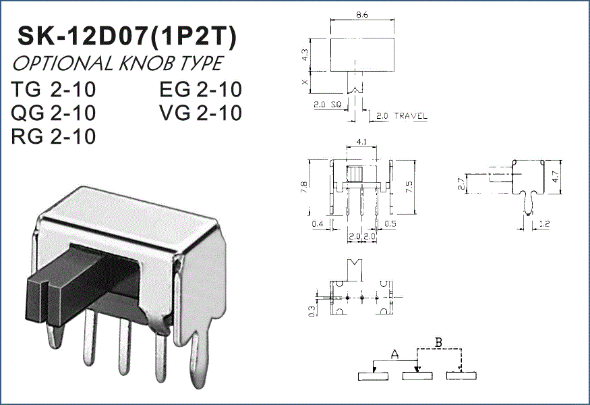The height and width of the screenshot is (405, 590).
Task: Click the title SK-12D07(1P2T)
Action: point(127,36)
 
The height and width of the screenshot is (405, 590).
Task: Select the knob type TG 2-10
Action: point(53,90)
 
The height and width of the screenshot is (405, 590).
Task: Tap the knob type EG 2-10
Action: point(200,90)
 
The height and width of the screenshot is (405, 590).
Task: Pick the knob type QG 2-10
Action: point(53,113)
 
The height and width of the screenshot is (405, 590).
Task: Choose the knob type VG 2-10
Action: point(200,113)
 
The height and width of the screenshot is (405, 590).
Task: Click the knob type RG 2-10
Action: point(53,136)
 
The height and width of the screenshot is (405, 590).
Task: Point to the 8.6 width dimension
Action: point(362,15)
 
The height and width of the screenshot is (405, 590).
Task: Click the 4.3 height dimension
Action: point(305,55)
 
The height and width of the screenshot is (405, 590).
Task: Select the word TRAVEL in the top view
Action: point(411,116)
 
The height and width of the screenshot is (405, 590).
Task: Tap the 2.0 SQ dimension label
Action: point(327,105)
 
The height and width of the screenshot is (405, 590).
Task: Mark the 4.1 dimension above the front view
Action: point(361,142)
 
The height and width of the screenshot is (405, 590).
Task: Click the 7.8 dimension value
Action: point(304,187)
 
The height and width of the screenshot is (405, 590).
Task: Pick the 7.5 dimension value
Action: point(409,187)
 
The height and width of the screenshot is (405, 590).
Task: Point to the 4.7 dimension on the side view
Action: point(556,176)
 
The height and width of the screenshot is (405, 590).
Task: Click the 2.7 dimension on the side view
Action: point(462,184)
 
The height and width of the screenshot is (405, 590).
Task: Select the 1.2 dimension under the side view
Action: point(544,224)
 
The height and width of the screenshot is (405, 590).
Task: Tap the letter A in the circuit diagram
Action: point(394,354)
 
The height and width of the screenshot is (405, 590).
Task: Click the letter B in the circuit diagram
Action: point(438,342)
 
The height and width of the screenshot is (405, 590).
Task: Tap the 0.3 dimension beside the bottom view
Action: point(312,310)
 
